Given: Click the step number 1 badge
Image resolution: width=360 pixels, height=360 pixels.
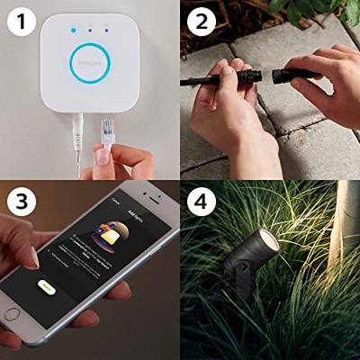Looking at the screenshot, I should click(x=21, y=20).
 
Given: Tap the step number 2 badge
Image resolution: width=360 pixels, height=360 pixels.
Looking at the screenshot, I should click(x=201, y=20).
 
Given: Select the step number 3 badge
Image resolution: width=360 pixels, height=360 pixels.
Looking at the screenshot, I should click(x=21, y=201).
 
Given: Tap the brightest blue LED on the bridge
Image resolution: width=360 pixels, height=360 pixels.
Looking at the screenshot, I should click(x=72, y=30).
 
